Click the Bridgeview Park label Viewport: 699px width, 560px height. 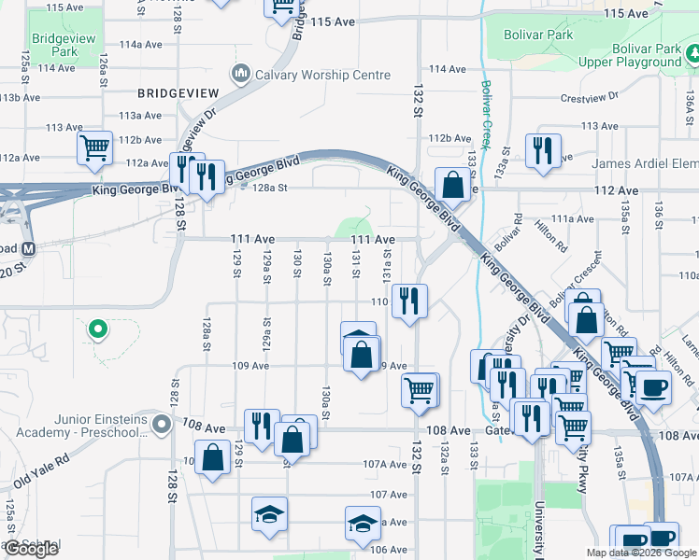pyautogui.click(x=59, y=45)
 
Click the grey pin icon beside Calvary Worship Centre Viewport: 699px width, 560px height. pyautogui.click(x=240, y=73)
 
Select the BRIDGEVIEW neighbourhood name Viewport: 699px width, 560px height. pyautogui.click(x=178, y=93)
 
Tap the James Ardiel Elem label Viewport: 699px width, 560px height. pyautogui.click(x=645, y=163)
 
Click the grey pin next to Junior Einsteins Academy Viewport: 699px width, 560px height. pyautogui.click(x=162, y=426)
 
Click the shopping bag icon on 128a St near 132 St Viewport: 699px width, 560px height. pyautogui.click(x=452, y=184)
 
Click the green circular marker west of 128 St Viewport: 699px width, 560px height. pyautogui.click(x=96, y=329)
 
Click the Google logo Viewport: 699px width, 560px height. pyautogui.click(x=31, y=549)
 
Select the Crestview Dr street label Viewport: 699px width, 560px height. pyautogui.click(x=589, y=97)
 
